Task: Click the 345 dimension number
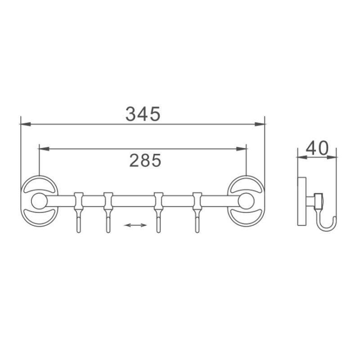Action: (143, 114)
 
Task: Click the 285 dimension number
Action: (145, 160)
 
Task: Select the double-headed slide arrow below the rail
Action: (135, 225)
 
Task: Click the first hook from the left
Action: (79, 213)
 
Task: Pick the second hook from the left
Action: (108, 213)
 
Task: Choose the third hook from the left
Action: (158, 213)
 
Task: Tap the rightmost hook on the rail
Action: (197, 213)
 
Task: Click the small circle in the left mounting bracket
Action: (39, 201)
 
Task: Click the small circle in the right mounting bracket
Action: (246, 201)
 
